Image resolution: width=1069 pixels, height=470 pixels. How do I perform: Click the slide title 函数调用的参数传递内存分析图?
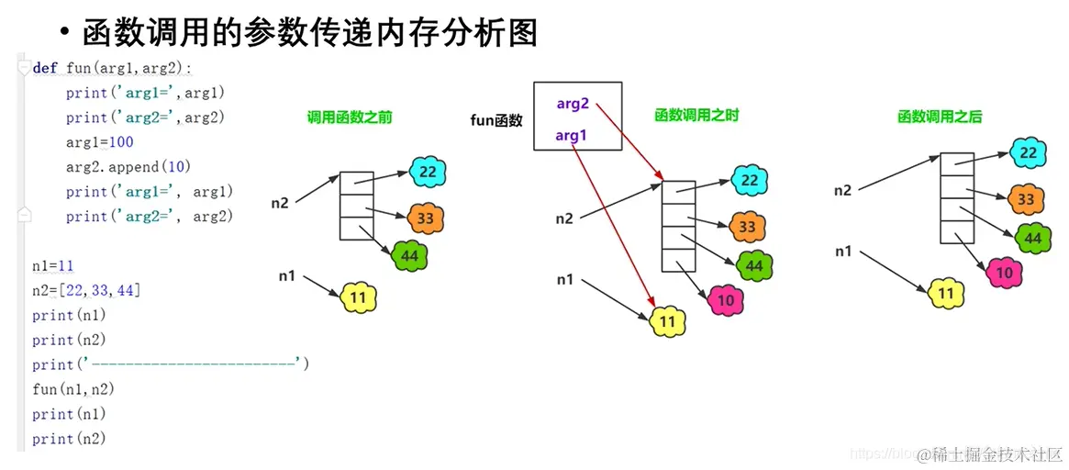click(309, 33)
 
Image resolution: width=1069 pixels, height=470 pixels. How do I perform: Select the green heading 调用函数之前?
click(350, 117)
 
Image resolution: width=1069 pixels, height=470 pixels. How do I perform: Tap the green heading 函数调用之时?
click(696, 116)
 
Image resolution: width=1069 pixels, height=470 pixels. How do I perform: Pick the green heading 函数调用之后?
click(940, 117)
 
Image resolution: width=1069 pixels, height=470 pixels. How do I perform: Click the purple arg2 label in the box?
click(573, 104)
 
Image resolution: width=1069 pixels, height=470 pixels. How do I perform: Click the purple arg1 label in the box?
click(572, 136)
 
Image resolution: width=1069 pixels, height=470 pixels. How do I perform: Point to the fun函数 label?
click(496, 119)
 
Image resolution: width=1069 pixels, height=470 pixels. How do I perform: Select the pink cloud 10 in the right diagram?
click(1004, 272)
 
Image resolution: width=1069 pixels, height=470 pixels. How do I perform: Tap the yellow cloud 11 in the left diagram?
click(359, 297)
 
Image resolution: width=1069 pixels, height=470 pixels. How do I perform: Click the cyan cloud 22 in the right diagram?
click(1029, 153)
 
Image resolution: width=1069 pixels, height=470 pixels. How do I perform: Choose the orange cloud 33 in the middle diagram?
click(748, 227)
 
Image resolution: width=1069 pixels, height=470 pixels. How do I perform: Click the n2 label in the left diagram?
click(280, 203)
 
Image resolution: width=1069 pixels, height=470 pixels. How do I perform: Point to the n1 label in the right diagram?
click(843, 251)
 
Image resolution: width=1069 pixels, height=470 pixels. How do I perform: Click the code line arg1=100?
click(99, 142)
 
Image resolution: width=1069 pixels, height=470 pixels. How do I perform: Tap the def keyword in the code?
click(45, 68)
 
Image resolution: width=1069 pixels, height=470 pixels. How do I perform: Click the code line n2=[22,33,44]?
click(86, 290)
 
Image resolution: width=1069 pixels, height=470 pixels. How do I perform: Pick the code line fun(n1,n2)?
click(73, 389)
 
